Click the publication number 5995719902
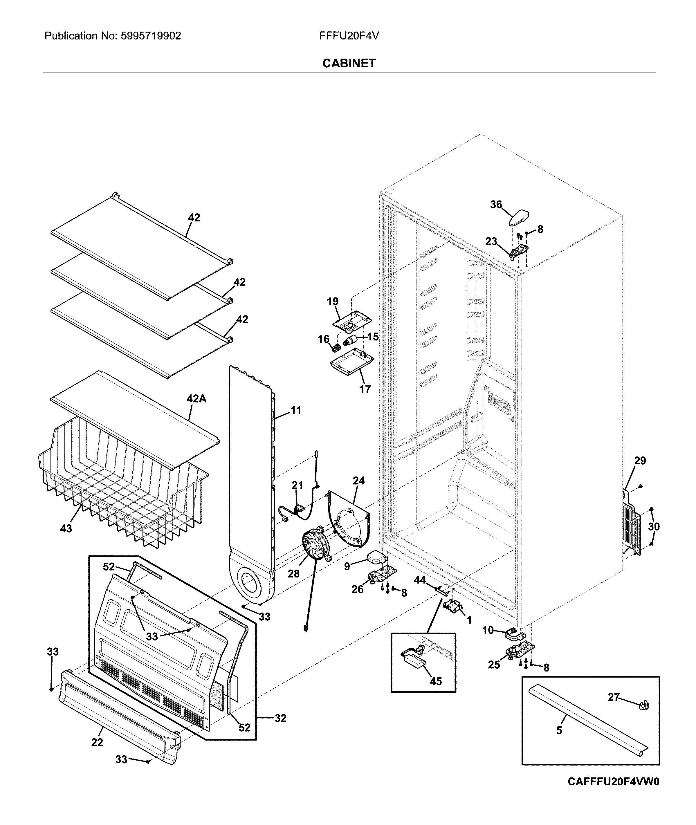pos(151,36)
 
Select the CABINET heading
pos(349,63)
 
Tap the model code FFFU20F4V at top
pos(349,36)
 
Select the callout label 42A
pos(196,398)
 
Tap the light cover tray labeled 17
pos(351,361)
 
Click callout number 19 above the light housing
pos(333,302)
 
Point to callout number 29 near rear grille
pos(640,461)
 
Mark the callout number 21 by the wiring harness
pos(297,485)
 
